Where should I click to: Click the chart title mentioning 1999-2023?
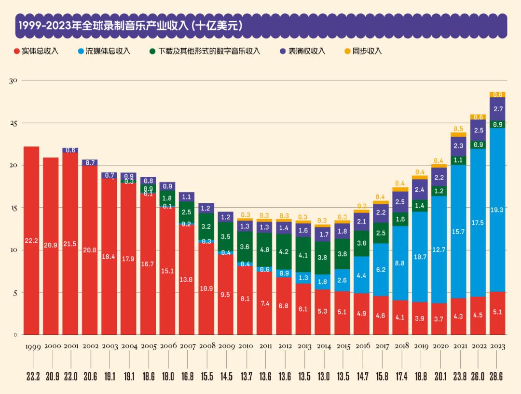[129, 26]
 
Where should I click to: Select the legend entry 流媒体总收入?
[104, 51]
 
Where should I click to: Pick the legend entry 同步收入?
[363, 51]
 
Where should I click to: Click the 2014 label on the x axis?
[322, 347]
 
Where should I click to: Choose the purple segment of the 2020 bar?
[439, 177]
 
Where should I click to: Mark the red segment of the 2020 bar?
[439, 319]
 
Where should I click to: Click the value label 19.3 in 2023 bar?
[497, 210]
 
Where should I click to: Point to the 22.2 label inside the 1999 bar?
[31, 241]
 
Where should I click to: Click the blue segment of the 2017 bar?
[381, 270]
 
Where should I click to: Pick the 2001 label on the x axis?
[70, 347]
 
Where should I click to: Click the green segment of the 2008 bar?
[206, 226]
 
